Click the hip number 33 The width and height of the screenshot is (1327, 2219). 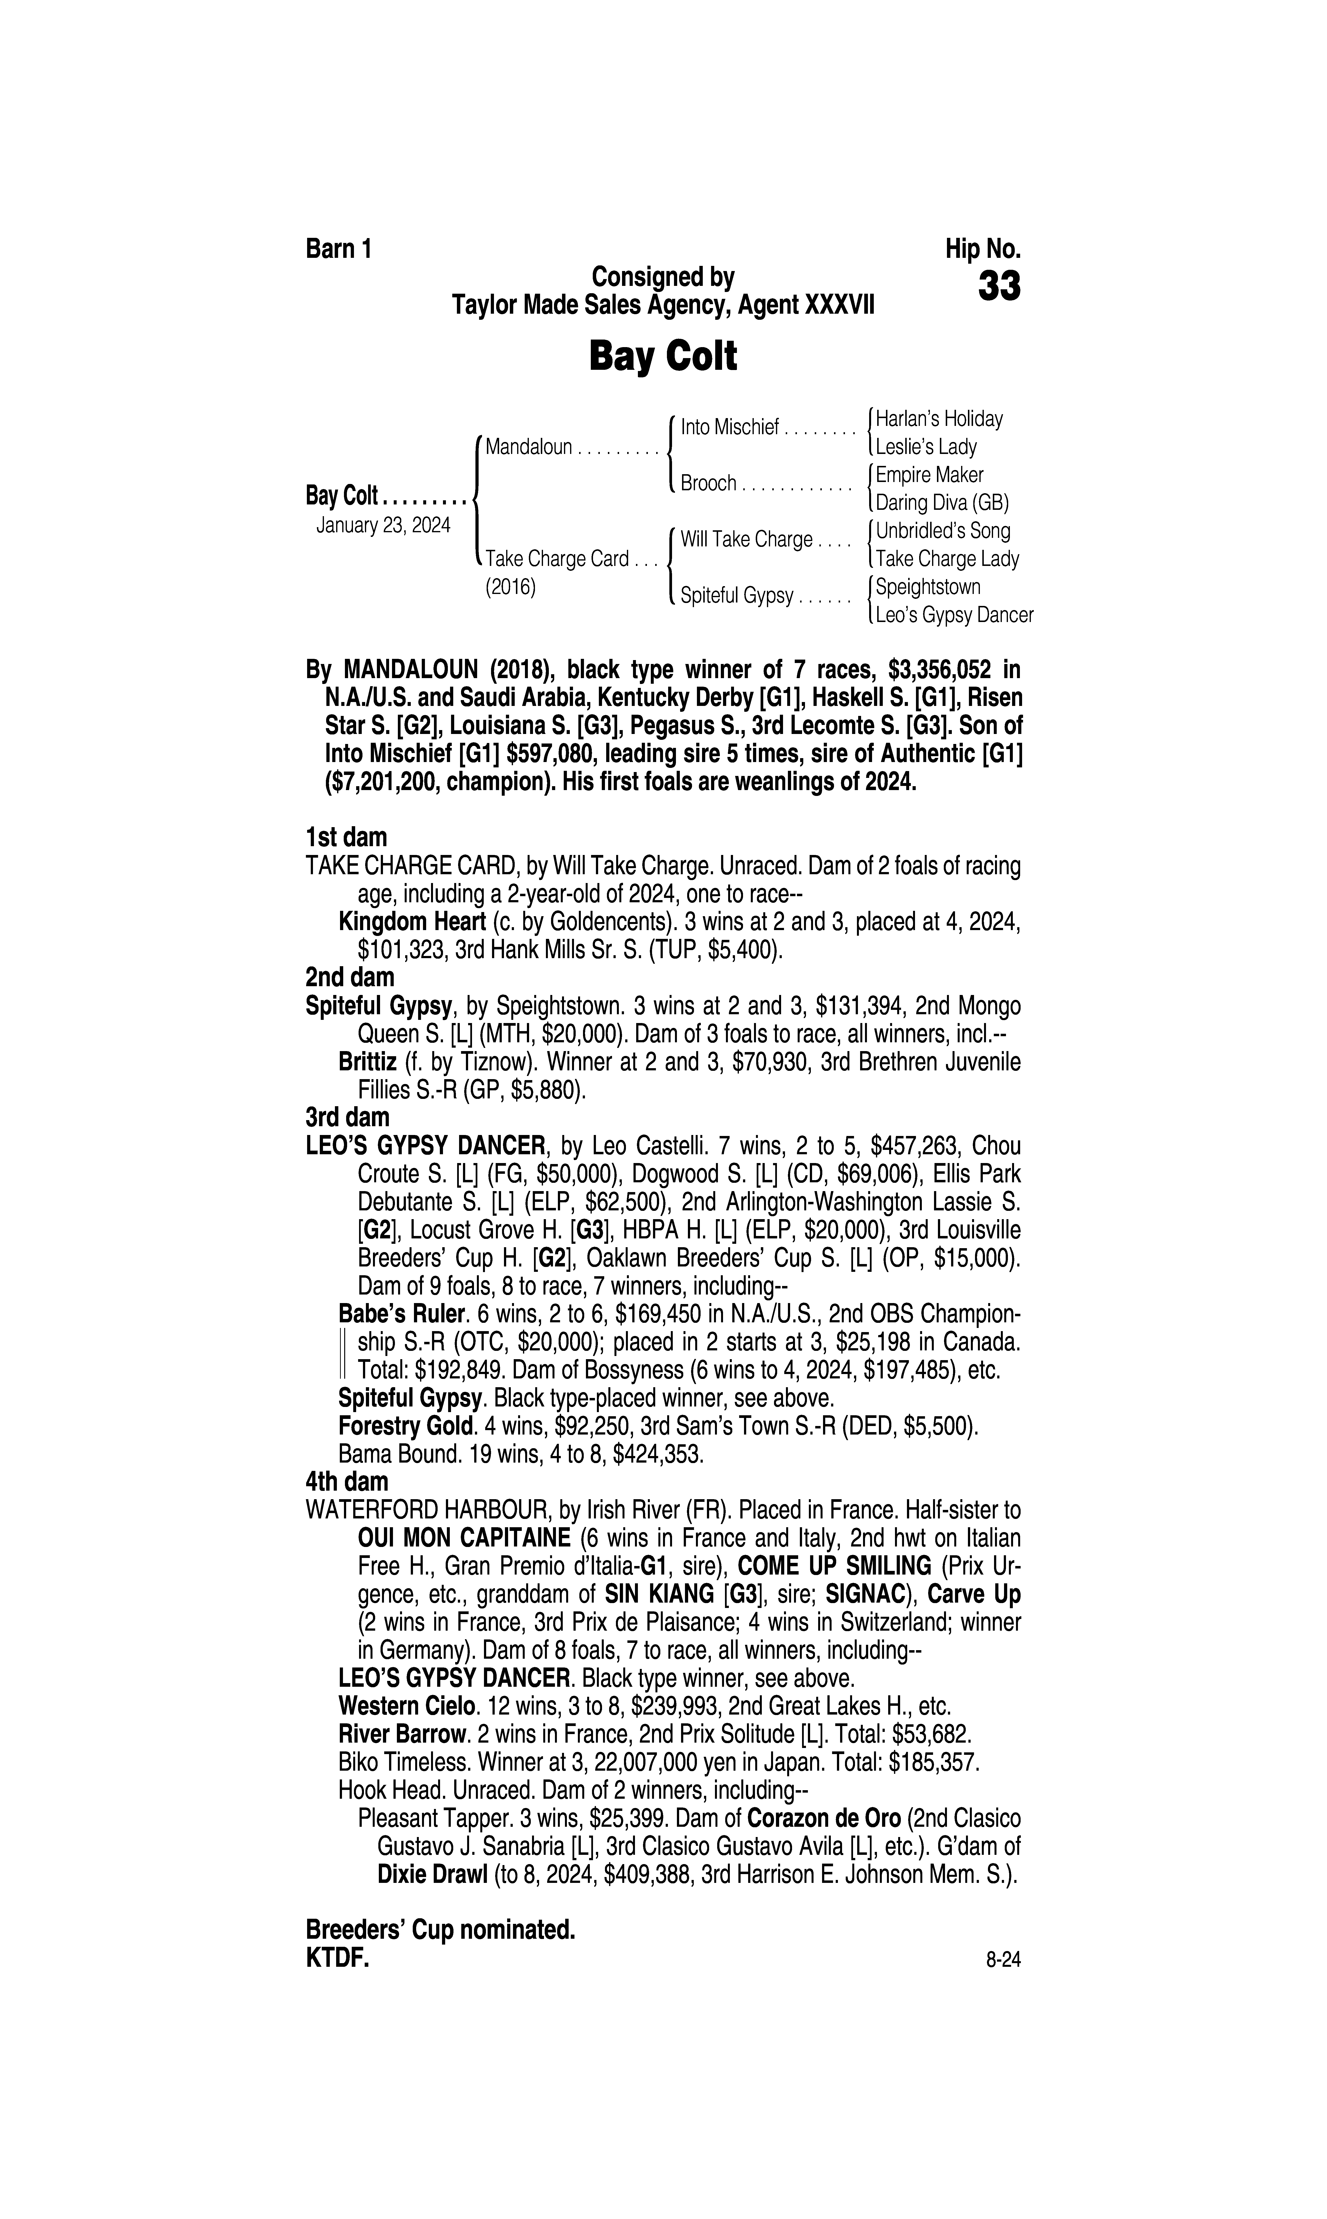coord(999,288)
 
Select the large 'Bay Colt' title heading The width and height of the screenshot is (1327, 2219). coord(663,357)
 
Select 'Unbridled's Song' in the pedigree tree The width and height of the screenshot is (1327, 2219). coord(943,531)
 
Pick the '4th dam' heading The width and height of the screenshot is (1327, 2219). coord(347,1481)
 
